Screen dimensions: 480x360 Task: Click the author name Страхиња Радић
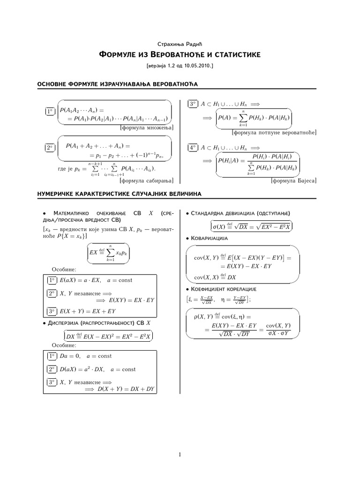[x=180, y=44]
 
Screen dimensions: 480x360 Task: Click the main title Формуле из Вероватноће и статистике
[x=180, y=55]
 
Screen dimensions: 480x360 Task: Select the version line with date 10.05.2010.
[x=180, y=66]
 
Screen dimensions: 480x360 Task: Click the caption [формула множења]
[x=147, y=127]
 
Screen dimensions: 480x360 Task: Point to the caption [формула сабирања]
[x=147, y=180]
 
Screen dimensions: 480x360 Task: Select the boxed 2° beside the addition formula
[x=49, y=147]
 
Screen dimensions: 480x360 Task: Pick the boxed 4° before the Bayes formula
[x=192, y=147]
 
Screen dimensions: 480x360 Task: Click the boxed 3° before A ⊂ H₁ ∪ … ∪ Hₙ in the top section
[x=192, y=104]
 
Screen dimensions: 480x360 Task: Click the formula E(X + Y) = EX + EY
[x=89, y=311]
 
